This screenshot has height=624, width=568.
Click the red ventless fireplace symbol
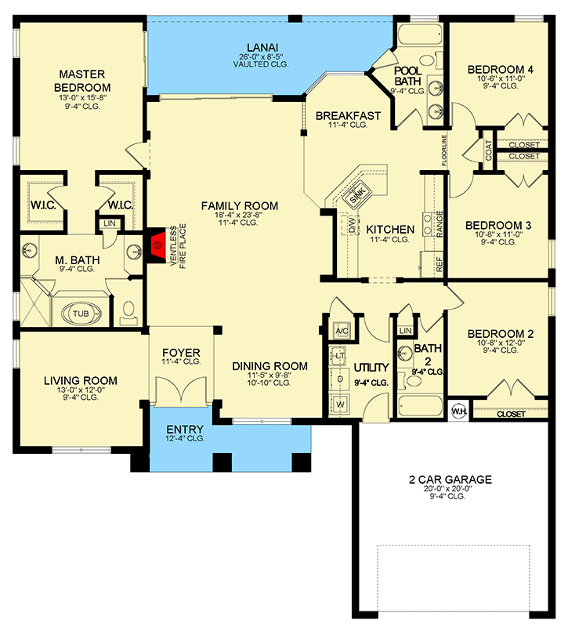157,245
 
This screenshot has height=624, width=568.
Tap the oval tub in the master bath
81,314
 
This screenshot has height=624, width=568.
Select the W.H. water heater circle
458,411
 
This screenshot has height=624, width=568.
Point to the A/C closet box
342,331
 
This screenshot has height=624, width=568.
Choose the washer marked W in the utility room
340,405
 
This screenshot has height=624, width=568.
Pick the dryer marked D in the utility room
340,379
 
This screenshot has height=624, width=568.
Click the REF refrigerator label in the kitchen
439,264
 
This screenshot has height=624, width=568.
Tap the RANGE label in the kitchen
440,224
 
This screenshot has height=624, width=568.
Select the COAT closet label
488,150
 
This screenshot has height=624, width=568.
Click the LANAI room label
262,48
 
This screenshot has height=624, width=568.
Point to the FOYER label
181,353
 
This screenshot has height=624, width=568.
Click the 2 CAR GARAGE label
450,479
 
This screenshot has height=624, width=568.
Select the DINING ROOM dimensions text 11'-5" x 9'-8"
270,375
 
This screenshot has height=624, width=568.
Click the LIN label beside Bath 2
405,330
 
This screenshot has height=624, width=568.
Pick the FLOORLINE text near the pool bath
444,151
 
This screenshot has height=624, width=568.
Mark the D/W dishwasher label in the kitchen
352,225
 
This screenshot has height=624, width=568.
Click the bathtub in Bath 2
421,406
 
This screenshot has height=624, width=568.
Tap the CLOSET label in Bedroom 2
511,414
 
